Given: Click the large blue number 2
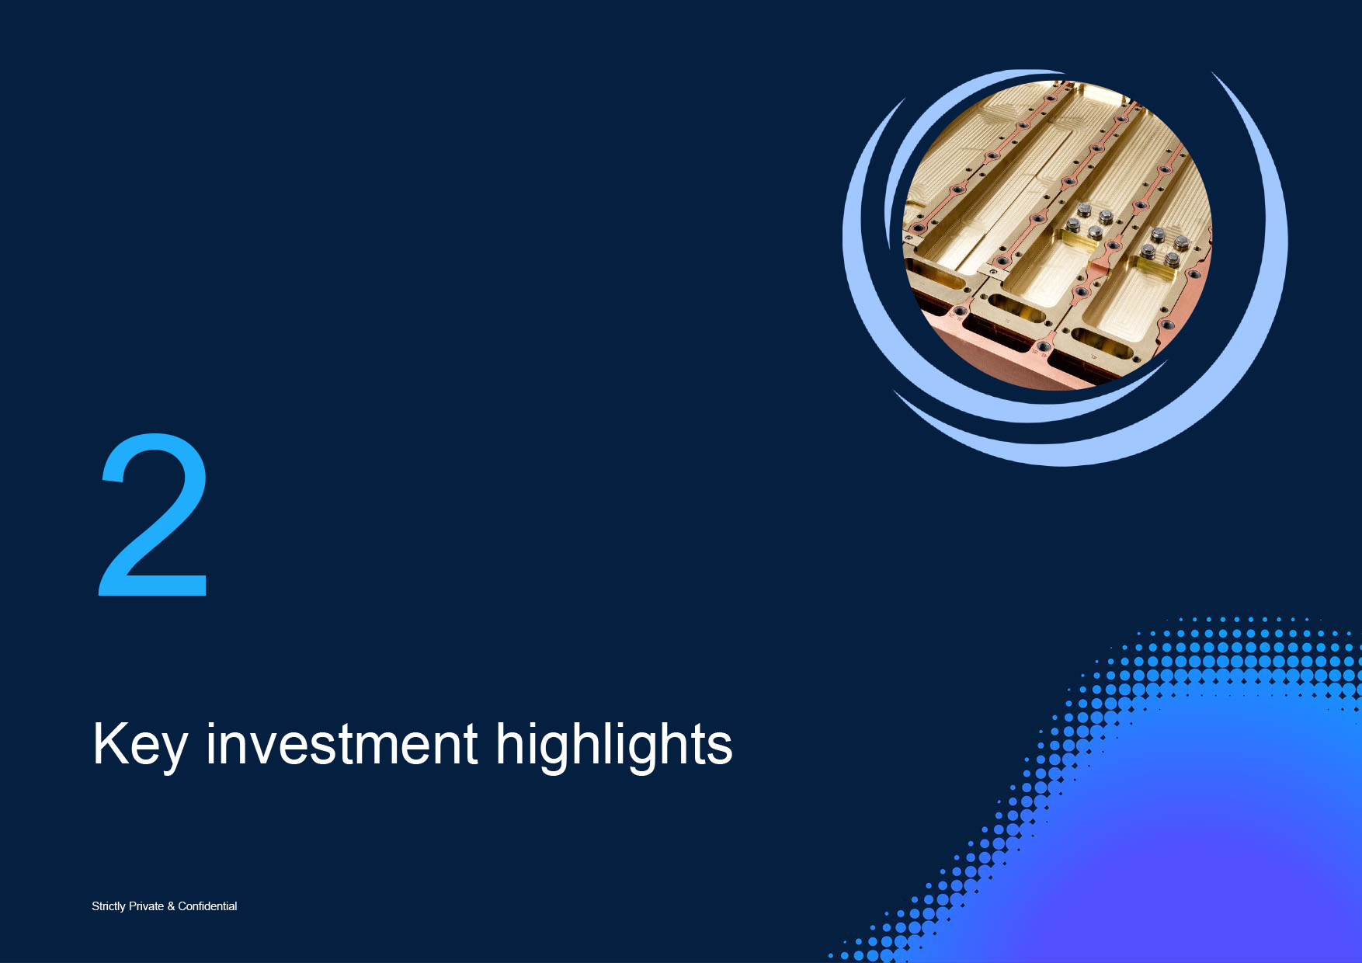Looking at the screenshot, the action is (x=153, y=515).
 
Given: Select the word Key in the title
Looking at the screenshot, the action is (x=141, y=746).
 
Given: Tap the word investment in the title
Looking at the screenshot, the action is (x=342, y=743).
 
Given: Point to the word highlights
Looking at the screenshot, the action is (x=613, y=746).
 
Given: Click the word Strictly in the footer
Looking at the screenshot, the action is (x=109, y=906).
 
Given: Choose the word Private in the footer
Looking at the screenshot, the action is (x=146, y=906).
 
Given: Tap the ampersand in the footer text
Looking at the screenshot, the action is (x=171, y=906).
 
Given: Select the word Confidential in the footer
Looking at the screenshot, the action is (x=207, y=906).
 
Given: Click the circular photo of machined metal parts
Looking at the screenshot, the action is (x=1056, y=235).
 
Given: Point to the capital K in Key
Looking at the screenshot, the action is (x=110, y=743).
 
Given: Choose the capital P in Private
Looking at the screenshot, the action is (x=133, y=906).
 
